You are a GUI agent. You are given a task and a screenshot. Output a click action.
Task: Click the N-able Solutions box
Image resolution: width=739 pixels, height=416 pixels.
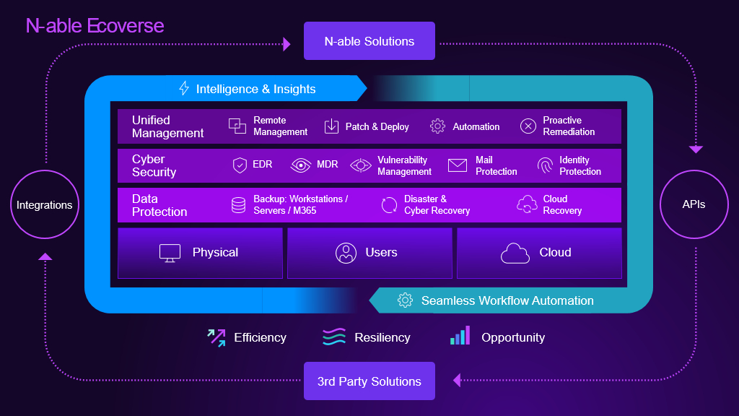369,41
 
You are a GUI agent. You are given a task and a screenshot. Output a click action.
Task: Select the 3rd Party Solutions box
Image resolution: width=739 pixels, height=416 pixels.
369,381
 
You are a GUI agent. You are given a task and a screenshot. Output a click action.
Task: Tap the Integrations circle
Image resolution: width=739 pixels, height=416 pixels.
45,205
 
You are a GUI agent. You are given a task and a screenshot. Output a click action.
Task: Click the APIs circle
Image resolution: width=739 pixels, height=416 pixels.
694,204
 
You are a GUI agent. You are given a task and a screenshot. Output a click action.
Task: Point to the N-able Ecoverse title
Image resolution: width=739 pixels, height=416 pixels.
95,26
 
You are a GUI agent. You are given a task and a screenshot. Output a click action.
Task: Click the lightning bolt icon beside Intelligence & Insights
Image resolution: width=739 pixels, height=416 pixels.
184,89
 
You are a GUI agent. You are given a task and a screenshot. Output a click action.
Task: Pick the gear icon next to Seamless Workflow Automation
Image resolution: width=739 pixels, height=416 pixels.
406,300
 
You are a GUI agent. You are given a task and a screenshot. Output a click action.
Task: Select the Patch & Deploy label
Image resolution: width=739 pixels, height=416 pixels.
377,126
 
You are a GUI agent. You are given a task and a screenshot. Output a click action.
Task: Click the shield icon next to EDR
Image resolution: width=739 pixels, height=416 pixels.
240,165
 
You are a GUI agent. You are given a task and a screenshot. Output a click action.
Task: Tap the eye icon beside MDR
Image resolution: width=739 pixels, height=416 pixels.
300,165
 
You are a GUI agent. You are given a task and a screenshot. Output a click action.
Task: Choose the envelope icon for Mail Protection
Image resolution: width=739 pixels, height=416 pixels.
458,165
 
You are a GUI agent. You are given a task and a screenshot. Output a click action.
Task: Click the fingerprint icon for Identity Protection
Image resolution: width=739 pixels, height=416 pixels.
546,166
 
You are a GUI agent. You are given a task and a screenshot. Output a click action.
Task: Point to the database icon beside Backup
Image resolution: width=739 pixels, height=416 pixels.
238,205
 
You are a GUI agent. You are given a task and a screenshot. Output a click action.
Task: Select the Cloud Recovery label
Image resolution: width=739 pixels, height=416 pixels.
562,204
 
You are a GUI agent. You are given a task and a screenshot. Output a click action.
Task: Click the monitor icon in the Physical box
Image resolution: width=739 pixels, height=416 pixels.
170,253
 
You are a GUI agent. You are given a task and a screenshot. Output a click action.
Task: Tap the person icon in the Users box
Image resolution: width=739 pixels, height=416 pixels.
346,253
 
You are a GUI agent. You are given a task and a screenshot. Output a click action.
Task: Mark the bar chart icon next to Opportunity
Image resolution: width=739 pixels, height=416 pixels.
460,336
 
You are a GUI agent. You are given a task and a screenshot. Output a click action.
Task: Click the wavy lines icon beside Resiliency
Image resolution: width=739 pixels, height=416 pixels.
334,337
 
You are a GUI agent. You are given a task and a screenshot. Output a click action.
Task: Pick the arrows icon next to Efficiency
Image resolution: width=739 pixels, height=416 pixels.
217,337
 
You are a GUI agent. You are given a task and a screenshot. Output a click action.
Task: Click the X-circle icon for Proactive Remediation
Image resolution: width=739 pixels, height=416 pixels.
528,126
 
